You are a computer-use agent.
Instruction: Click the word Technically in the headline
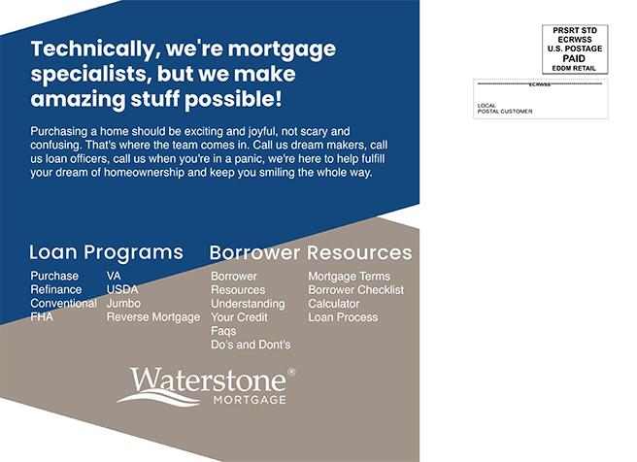point(92,49)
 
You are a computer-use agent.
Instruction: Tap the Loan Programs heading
point(107,252)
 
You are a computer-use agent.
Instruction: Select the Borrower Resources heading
point(311,252)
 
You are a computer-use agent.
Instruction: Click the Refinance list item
point(56,289)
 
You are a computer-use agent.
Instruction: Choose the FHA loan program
point(42,316)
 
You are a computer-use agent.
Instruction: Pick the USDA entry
point(122,289)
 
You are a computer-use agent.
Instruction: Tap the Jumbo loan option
point(123,303)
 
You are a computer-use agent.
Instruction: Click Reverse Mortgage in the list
point(153,317)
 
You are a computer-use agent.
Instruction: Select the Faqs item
point(223,331)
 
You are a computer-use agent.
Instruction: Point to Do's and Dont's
point(251,345)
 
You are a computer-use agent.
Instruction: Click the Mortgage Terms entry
point(350,277)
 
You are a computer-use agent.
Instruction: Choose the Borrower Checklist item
point(356,290)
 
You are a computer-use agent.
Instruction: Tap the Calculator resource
point(334,304)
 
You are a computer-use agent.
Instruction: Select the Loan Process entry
point(344,317)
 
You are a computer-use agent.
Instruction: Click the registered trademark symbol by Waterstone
point(291,372)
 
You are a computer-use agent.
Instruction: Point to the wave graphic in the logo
point(158,398)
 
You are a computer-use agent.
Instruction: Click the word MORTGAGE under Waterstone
point(250,400)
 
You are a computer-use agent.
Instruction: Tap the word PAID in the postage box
point(574,58)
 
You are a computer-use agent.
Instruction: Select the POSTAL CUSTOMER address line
point(505,112)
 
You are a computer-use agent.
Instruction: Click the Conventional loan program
point(64,303)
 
